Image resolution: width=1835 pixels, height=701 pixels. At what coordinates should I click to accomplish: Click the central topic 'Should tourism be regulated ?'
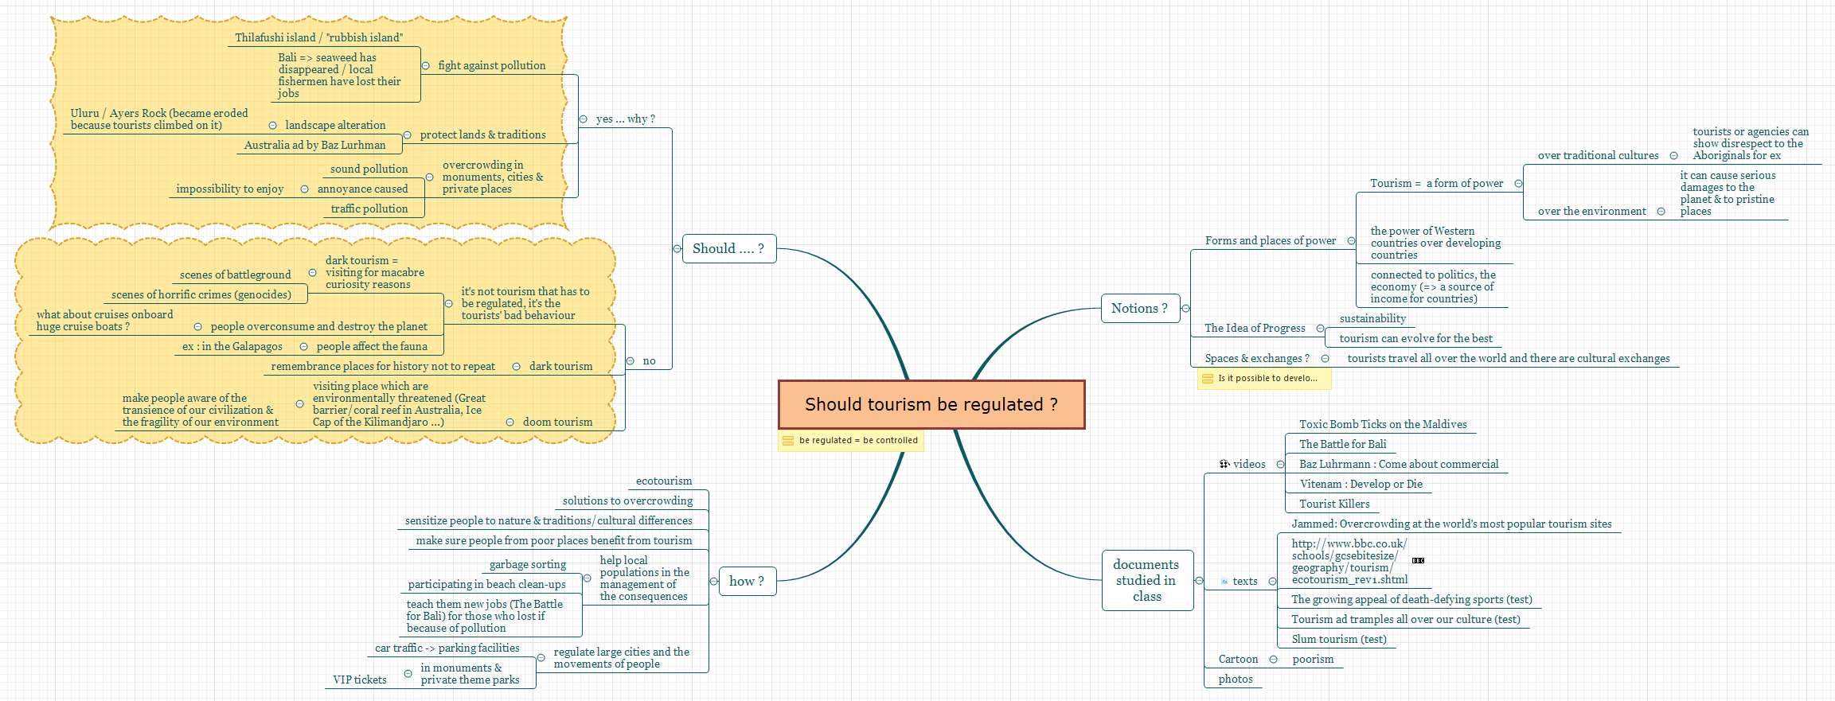[931, 404]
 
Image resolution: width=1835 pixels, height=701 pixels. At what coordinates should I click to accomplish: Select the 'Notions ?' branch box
[1139, 308]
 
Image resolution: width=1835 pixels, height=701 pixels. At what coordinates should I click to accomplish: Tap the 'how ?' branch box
[747, 581]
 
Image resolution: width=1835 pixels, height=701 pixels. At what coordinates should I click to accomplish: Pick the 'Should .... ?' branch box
[728, 248]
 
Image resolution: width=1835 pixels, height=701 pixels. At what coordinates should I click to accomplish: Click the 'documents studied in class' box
[1147, 580]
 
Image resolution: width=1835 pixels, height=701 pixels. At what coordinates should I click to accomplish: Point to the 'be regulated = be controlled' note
[851, 440]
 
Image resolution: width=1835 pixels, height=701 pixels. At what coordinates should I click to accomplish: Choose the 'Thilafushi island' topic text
[275, 37]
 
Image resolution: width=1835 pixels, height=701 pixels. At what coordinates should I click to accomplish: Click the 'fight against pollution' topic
[492, 65]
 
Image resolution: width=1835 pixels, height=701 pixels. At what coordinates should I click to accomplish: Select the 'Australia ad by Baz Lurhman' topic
[314, 145]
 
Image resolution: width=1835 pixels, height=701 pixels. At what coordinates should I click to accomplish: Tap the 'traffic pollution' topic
[369, 208]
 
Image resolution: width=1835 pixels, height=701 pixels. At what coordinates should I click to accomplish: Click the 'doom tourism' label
[557, 422]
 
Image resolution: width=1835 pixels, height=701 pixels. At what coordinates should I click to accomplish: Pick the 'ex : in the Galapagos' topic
[232, 346]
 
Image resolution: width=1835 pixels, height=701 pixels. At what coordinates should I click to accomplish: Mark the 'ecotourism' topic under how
[664, 481]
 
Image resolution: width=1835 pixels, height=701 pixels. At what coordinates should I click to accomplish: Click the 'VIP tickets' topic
[360, 680]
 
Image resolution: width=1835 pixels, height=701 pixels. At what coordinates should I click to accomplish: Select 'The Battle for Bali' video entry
[1343, 444]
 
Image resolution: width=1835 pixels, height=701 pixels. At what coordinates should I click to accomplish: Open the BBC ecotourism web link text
[1349, 561]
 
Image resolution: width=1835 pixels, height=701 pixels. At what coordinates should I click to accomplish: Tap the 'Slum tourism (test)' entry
[1339, 639]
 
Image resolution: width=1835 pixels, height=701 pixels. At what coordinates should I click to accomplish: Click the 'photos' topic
[1236, 679]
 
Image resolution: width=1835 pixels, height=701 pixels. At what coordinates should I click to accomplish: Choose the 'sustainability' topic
[1372, 318]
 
